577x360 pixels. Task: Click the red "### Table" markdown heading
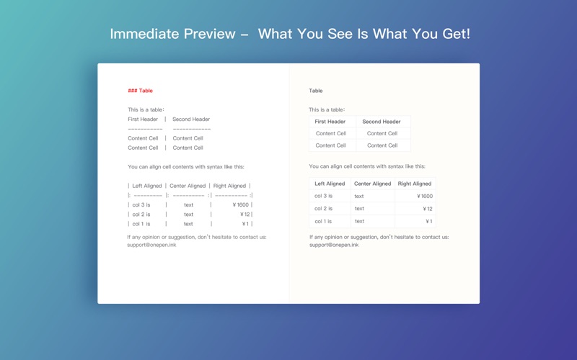tap(140, 91)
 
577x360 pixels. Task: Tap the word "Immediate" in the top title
tap(144, 34)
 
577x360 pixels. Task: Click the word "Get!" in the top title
tap(457, 34)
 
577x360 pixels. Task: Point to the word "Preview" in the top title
tap(209, 34)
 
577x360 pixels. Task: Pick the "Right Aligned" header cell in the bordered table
tap(415, 184)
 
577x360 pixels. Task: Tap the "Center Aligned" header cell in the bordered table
tap(372, 184)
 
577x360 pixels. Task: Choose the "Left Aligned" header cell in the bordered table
tap(330, 184)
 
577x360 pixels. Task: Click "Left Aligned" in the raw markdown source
tap(147, 186)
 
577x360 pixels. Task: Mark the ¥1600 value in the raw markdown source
tap(241, 205)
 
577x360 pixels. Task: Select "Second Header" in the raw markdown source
tap(191, 120)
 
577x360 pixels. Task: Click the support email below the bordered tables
tap(334, 245)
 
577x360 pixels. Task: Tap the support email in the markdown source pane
tap(151, 245)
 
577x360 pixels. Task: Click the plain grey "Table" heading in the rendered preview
tap(316, 91)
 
